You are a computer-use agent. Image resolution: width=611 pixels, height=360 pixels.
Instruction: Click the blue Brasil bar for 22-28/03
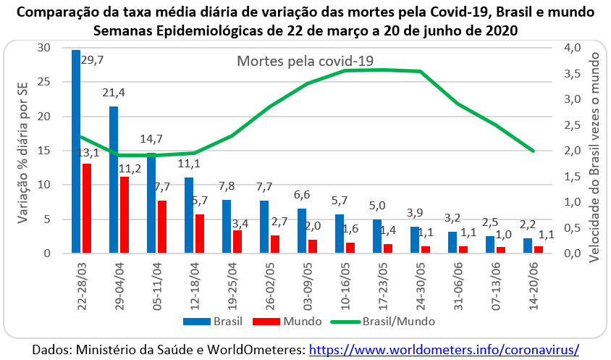pos(76,151)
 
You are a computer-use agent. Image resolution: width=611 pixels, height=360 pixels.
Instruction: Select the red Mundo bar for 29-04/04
pos(125,215)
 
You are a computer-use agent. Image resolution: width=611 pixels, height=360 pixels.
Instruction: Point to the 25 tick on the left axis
pos(44,82)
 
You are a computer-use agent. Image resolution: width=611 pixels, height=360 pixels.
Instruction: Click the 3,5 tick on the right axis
pos(571,74)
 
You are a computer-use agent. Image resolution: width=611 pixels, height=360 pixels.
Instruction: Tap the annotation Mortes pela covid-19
pos(305,62)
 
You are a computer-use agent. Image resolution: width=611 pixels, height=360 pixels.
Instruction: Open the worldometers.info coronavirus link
pos(444,349)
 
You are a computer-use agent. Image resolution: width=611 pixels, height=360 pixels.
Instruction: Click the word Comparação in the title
pos(57,14)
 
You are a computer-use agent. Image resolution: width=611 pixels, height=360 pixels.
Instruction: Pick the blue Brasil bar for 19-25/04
pos(227,227)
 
